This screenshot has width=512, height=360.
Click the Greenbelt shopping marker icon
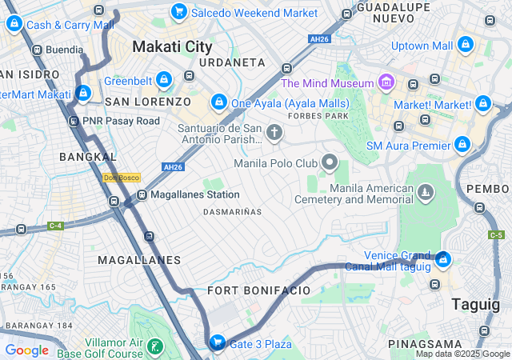coord(164,80)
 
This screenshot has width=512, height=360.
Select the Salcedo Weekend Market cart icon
coord(179,12)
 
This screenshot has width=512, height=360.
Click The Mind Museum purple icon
coord(386,82)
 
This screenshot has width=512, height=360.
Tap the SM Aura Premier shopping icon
coord(462,145)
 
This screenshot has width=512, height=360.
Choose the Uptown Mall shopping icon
coord(466,46)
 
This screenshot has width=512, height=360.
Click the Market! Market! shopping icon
coord(482,104)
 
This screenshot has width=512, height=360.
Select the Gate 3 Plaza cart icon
coord(217,343)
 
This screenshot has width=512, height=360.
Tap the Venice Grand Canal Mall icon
coord(443,259)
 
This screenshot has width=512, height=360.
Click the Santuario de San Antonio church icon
coord(274,132)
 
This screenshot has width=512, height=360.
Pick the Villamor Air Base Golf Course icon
coord(155,347)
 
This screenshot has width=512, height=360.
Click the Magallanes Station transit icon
coord(142,194)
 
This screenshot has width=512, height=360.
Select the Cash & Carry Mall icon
coord(14,24)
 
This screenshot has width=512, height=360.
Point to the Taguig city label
coord(476,304)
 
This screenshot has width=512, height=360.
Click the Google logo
coord(27,350)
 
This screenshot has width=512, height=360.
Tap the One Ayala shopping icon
coord(218,103)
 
